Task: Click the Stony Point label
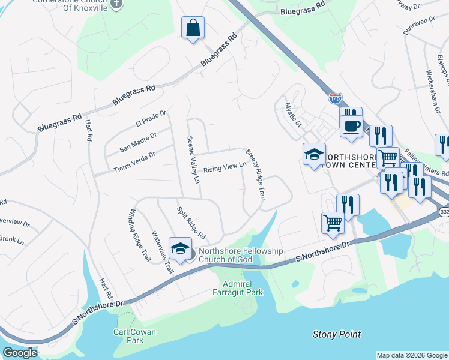337,334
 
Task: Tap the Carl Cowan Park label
135,336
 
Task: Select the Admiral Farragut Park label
243,288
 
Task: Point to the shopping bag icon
193,28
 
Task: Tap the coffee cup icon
351,127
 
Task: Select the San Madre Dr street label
138,142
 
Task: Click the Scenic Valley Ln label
193,160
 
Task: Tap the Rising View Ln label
224,169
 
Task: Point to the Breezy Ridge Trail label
255,175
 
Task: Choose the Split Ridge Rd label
191,222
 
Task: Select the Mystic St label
292,115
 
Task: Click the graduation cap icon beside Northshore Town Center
314,155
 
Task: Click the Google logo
20,353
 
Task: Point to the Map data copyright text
412,355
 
